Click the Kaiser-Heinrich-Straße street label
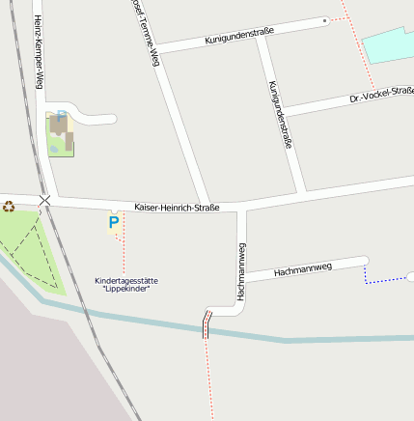coord(177,208)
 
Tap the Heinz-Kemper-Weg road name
coord(38,53)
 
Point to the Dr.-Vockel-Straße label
coord(381,97)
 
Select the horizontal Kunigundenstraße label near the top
coord(239,36)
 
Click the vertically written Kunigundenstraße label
coord(280,114)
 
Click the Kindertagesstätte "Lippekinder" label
coord(126,285)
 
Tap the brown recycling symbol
coord(9,205)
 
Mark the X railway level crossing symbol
coord(44,200)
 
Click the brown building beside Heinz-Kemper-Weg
coord(60,128)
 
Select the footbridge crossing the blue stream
coord(206,324)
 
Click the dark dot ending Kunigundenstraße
coord(325,20)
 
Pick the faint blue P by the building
coord(61,115)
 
